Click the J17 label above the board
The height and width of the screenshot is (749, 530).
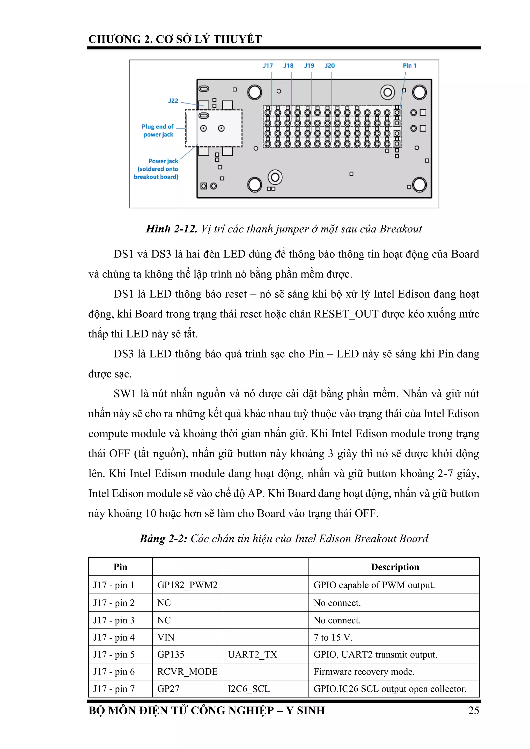268,66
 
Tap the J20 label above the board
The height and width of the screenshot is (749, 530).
329,66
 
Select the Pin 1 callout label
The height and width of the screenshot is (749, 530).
409,66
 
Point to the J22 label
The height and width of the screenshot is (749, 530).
173,101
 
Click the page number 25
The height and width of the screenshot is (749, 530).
473,710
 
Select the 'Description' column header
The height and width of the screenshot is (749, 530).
395,567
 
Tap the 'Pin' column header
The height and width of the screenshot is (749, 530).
120,567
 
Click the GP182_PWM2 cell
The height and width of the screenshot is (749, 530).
187,585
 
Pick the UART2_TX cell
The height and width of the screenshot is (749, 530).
252,654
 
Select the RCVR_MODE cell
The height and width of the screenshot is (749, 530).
187,672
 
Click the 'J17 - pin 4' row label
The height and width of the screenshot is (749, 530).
114,637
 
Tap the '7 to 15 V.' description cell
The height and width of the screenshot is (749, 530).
333,637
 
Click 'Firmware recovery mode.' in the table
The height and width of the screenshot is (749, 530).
364,672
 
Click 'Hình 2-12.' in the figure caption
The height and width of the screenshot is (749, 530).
171,229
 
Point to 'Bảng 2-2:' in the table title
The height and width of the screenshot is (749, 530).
163,539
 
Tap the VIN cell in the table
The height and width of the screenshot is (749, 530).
166,637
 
